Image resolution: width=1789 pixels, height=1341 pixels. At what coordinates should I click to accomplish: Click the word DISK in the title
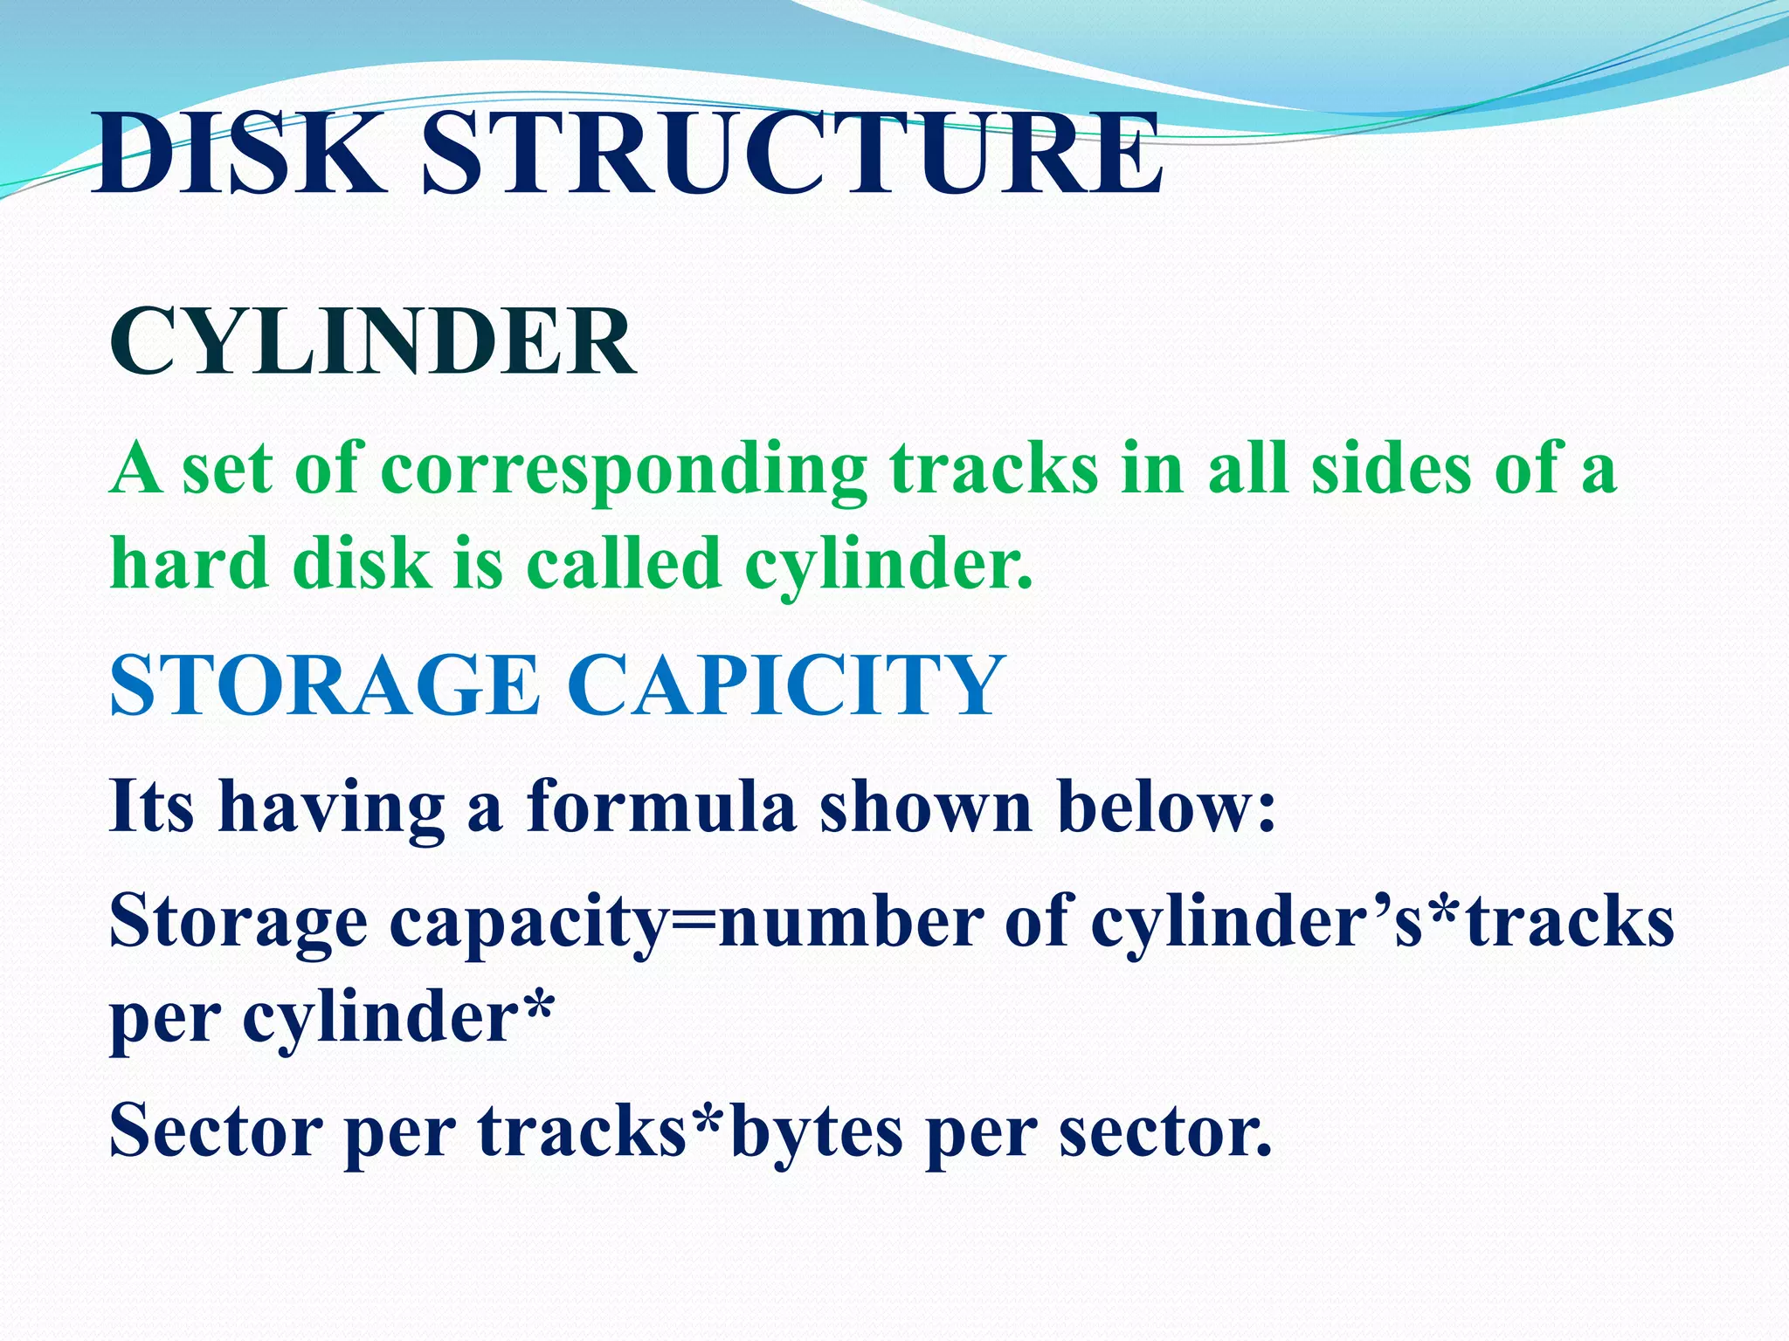click(x=240, y=155)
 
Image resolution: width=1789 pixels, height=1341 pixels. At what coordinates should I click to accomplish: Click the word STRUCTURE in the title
click(x=791, y=155)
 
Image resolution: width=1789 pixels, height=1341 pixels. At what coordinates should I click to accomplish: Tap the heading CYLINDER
click(x=373, y=342)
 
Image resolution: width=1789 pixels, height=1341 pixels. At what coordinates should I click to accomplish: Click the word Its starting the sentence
click(x=151, y=805)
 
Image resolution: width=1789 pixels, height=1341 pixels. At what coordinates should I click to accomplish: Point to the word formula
click(x=661, y=805)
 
